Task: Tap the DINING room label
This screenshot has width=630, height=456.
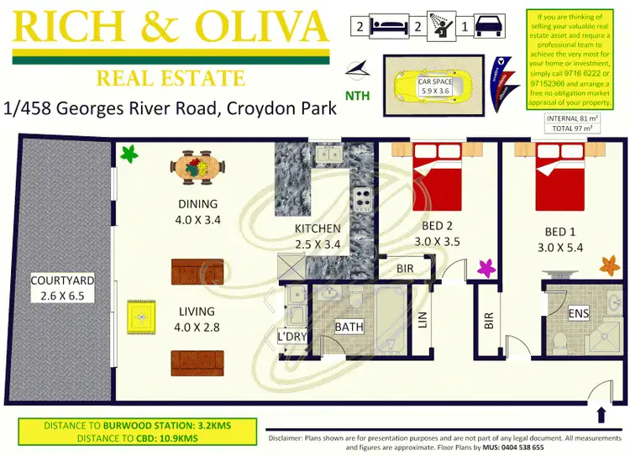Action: [197, 204]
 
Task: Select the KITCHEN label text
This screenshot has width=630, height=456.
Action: [318, 228]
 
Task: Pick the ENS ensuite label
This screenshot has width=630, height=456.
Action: [579, 313]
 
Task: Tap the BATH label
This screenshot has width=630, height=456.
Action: [348, 327]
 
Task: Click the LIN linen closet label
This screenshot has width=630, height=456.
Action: [423, 320]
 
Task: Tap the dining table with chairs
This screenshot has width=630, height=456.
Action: [198, 168]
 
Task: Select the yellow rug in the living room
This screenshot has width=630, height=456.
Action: [139, 317]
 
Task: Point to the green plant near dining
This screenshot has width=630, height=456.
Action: [129, 154]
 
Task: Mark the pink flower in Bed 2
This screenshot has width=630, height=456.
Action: [486, 268]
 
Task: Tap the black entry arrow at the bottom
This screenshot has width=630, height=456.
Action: [602, 415]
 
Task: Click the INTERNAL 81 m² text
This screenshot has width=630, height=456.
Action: [574, 119]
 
